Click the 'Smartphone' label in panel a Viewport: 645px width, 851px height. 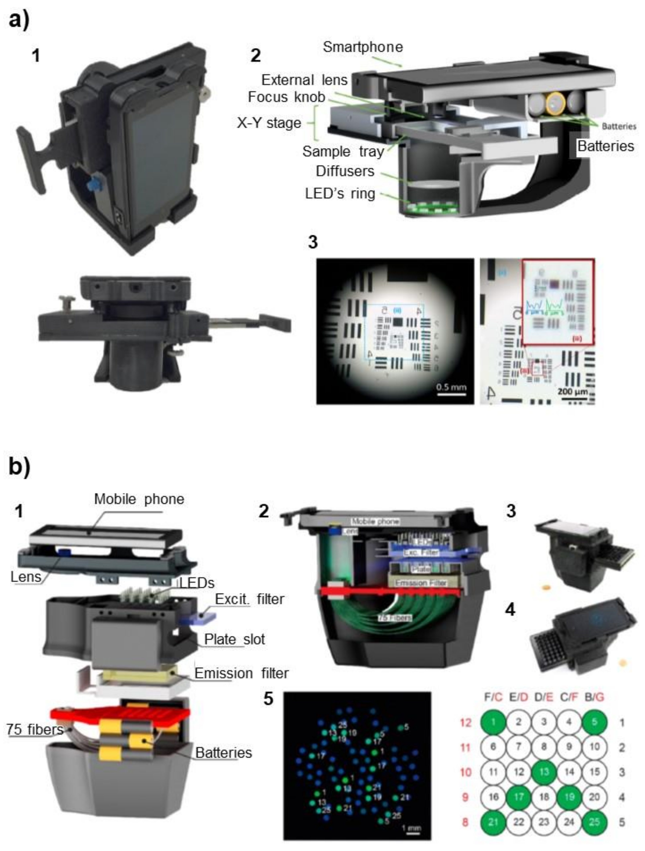363,47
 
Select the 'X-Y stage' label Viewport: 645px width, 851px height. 269,123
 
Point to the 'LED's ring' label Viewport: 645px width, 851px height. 340,193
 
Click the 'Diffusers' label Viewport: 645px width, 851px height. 345,171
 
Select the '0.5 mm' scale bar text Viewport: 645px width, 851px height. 451,387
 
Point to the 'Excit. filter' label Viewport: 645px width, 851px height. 249,599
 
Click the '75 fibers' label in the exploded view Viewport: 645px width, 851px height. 35,729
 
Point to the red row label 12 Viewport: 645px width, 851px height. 465,723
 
